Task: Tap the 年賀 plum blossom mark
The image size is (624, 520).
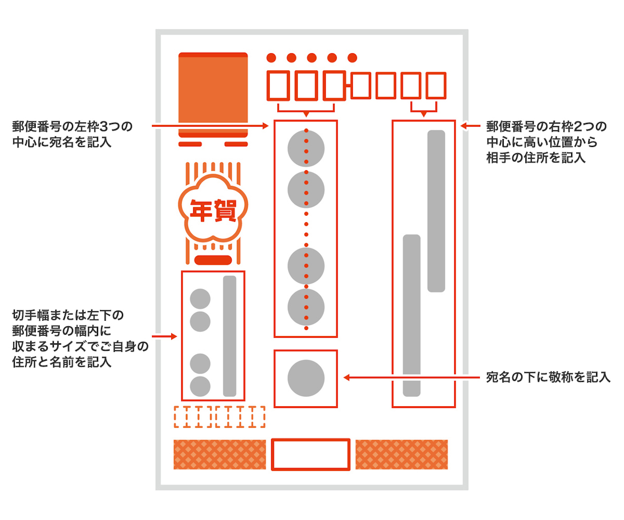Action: [213, 210]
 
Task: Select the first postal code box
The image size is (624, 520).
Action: [278, 85]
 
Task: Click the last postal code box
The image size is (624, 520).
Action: [436, 85]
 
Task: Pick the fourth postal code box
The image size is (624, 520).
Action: [361, 85]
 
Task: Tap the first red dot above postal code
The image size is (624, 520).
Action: [271, 58]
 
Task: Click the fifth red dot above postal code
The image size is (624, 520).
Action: [352, 58]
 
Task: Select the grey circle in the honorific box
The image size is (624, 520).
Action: [306, 378]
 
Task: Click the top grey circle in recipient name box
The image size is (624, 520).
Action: [306, 148]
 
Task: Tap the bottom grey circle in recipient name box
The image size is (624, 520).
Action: [306, 307]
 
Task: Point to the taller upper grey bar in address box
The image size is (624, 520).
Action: [436, 211]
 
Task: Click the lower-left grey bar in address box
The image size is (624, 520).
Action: [412, 315]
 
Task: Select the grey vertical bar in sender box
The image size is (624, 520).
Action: [229, 336]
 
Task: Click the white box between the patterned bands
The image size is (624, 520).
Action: [311, 454]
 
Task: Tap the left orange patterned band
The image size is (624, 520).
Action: [220, 454]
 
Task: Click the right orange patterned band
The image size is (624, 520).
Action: [401, 454]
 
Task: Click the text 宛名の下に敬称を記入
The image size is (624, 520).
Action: [548, 377]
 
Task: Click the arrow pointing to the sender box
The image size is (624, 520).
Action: [164, 336]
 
